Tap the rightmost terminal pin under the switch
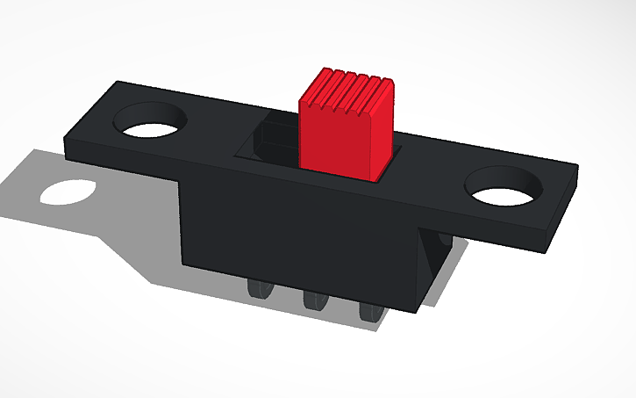coord(368,311)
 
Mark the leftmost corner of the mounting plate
coord(65,137)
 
